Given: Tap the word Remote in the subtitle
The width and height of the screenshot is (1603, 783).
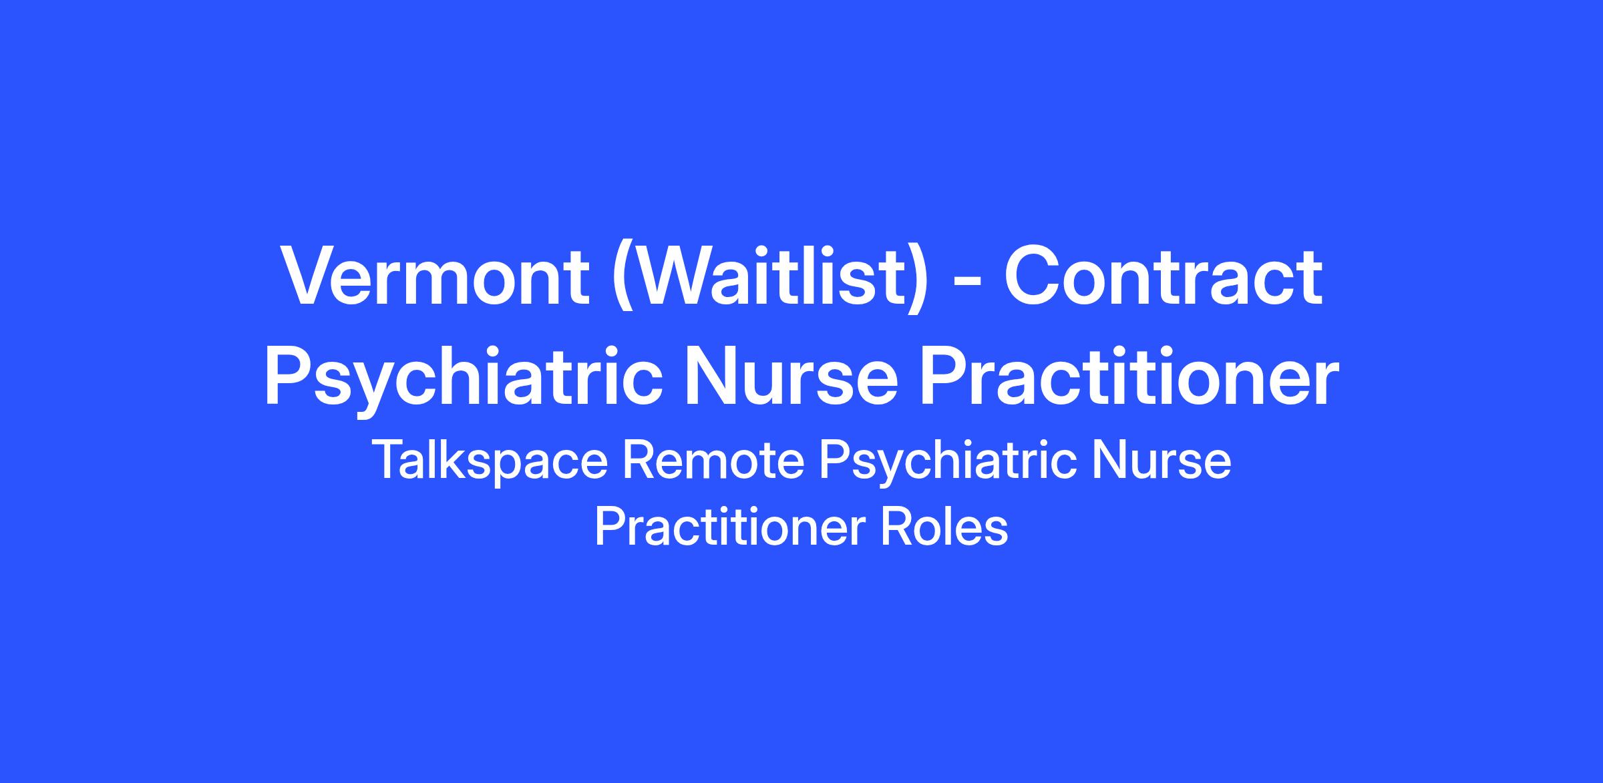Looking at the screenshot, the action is pyautogui.click(x=714, y=461).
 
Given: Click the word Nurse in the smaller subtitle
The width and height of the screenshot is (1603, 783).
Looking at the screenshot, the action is pyautogui.click(x=1161, y=461).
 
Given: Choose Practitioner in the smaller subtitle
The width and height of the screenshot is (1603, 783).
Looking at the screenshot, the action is pyautogui.click(x=730, y=527).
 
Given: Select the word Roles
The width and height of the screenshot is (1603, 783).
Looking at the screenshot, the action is pyautogui.click(x=944, y=527).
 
